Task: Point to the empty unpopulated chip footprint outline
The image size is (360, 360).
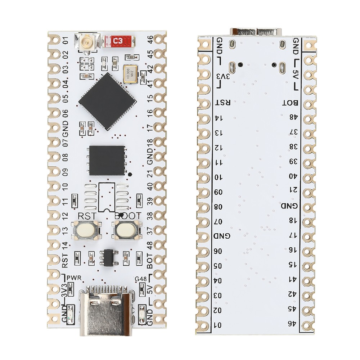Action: click(x=107, y=197)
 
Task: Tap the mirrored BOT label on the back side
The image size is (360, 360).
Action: click(x=291, y=103)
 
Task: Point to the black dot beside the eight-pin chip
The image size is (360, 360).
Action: click(x=130, y=175)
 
